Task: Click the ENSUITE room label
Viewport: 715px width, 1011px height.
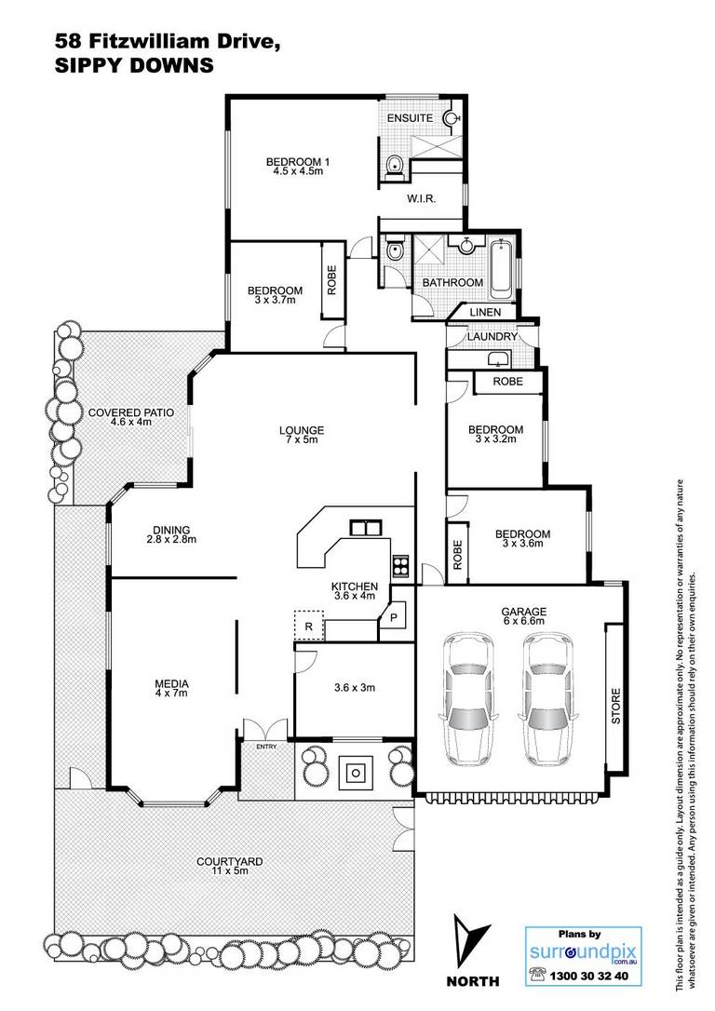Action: [410, 118]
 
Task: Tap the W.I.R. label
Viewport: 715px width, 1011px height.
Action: [421, 198]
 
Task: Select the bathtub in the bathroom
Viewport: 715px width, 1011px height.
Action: [501, 269]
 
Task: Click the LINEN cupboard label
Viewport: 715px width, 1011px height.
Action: [485, 312]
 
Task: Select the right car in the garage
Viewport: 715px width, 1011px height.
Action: [548, 696]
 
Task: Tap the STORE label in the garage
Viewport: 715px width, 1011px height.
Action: [615, 706]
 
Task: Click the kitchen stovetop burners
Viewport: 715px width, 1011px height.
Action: [400, 565]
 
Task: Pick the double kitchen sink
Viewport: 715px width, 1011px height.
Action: [366, 528]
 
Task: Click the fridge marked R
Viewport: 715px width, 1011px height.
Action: [309, 626]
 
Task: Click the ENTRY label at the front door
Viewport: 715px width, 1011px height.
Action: [266, 747]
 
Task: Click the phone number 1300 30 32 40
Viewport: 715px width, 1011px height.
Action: [588, 977]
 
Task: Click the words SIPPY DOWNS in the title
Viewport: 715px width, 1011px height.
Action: [134, 65]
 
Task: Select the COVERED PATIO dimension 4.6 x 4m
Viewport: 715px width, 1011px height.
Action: [131, 422]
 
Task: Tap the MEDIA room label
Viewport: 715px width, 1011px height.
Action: [171, 683]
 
